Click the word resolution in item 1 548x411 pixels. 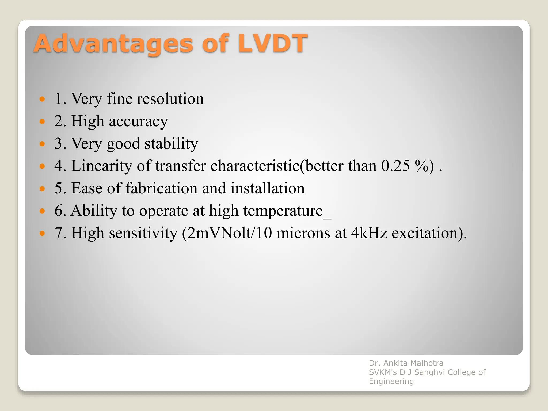pos(170,99)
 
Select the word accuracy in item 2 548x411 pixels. pos(138,121)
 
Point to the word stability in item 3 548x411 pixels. pos(171,144)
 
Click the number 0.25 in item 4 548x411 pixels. pos(395,166)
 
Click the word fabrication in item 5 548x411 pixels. pos(161,188)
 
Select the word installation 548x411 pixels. pos(268,188)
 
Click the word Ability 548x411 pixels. pos(94,211)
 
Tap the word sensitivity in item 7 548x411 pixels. pos(143,233)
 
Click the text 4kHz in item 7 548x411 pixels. pos(369,233)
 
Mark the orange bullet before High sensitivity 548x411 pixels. pos(42,234)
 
